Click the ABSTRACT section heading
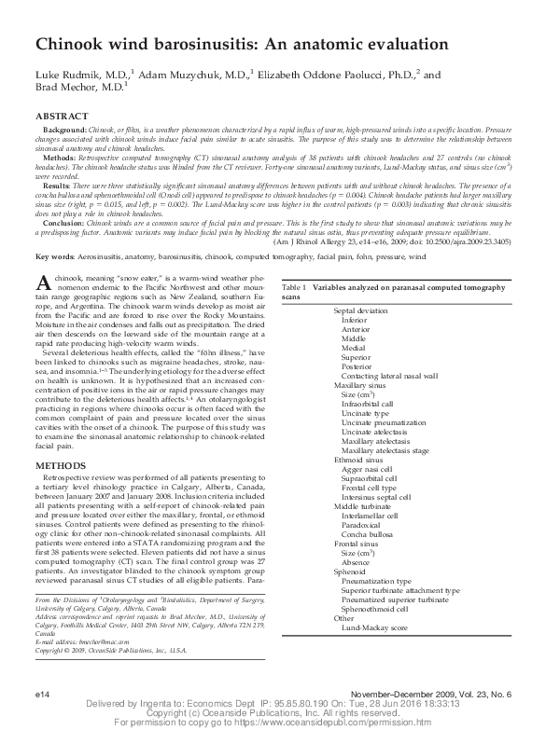click(63, 115)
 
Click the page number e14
click(41, 696)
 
